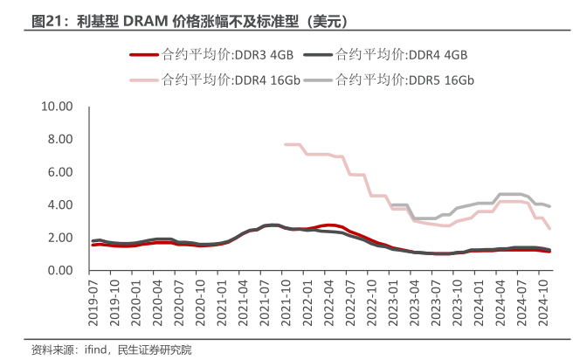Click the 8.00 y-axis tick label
pos(60,140)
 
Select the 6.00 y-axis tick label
pos(60,172)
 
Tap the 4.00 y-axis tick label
pos(60,205)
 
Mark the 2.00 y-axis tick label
pos(60,238)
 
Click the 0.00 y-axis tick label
pos(60,271)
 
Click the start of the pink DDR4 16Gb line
pos(286,144)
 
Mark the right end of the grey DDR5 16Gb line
pos(549,206)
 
